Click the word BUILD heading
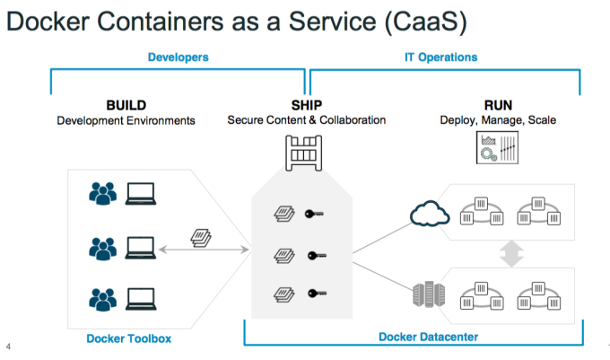click(126, 104)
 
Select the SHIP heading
click(306, 104)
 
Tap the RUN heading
click(498, 104)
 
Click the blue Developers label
click(178, 57)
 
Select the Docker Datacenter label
click(427, 338)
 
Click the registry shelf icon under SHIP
click(304, 149)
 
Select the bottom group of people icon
click(104, 296)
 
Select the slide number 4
click(8, 347)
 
